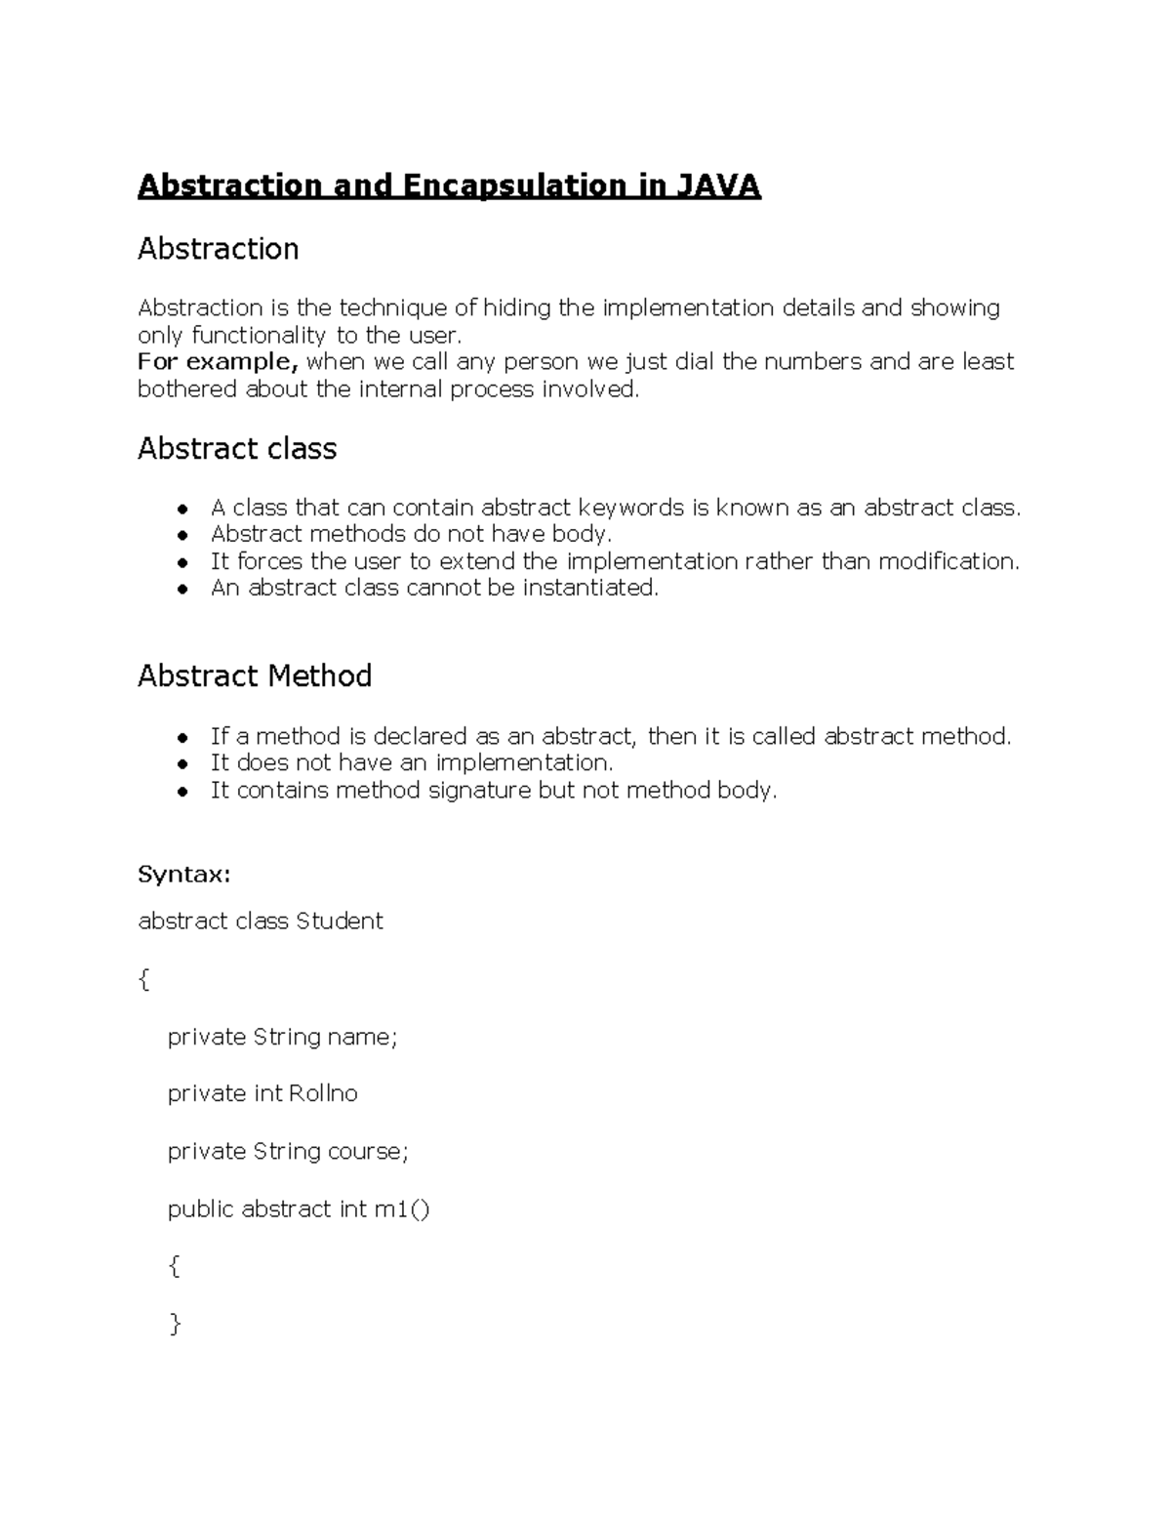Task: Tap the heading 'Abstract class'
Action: coord(237,449)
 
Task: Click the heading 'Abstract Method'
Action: coord(255,676)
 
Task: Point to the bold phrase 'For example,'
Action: coord(218,362)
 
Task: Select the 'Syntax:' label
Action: coord(184,875)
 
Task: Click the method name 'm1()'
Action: coord(402,1209)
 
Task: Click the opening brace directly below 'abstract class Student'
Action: coord(144,979)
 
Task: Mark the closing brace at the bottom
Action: coord(175,1325)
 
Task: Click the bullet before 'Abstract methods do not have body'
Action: coord(182,536)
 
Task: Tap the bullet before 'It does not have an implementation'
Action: coord(182,764)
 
